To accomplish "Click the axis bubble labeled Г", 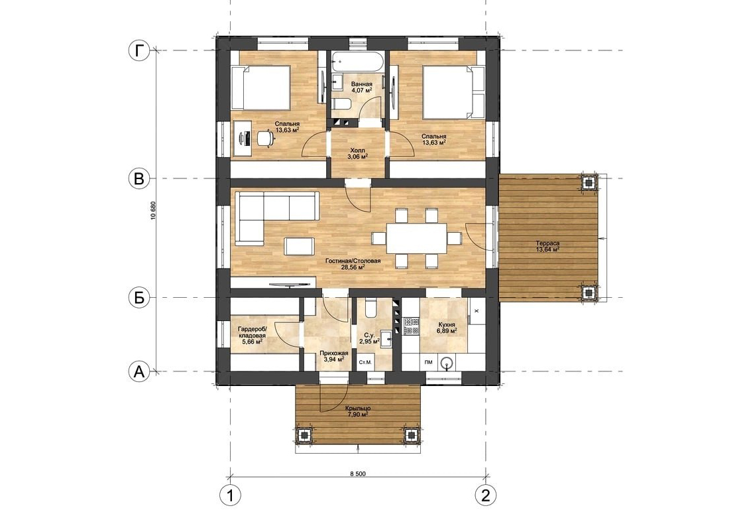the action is point(139,50).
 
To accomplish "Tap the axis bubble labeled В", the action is point(139,178).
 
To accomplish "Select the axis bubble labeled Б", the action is point(139,297).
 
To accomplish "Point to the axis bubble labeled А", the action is point(139,371).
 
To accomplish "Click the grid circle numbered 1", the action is point(230,495).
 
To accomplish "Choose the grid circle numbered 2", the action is point(485,495).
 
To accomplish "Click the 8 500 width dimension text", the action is point(358,474).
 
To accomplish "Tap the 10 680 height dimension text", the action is point(152,211).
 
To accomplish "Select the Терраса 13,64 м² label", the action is point(547,246).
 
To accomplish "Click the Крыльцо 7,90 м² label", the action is point(358,411).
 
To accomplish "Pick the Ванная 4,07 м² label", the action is point(361,87).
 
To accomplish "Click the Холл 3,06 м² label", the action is point(357,153).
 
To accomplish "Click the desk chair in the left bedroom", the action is point(265,137).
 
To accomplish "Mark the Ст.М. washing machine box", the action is point(365,363).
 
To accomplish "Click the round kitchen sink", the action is point(446,363).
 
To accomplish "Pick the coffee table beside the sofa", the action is point(298,246).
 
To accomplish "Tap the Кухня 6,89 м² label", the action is point(446,328).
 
